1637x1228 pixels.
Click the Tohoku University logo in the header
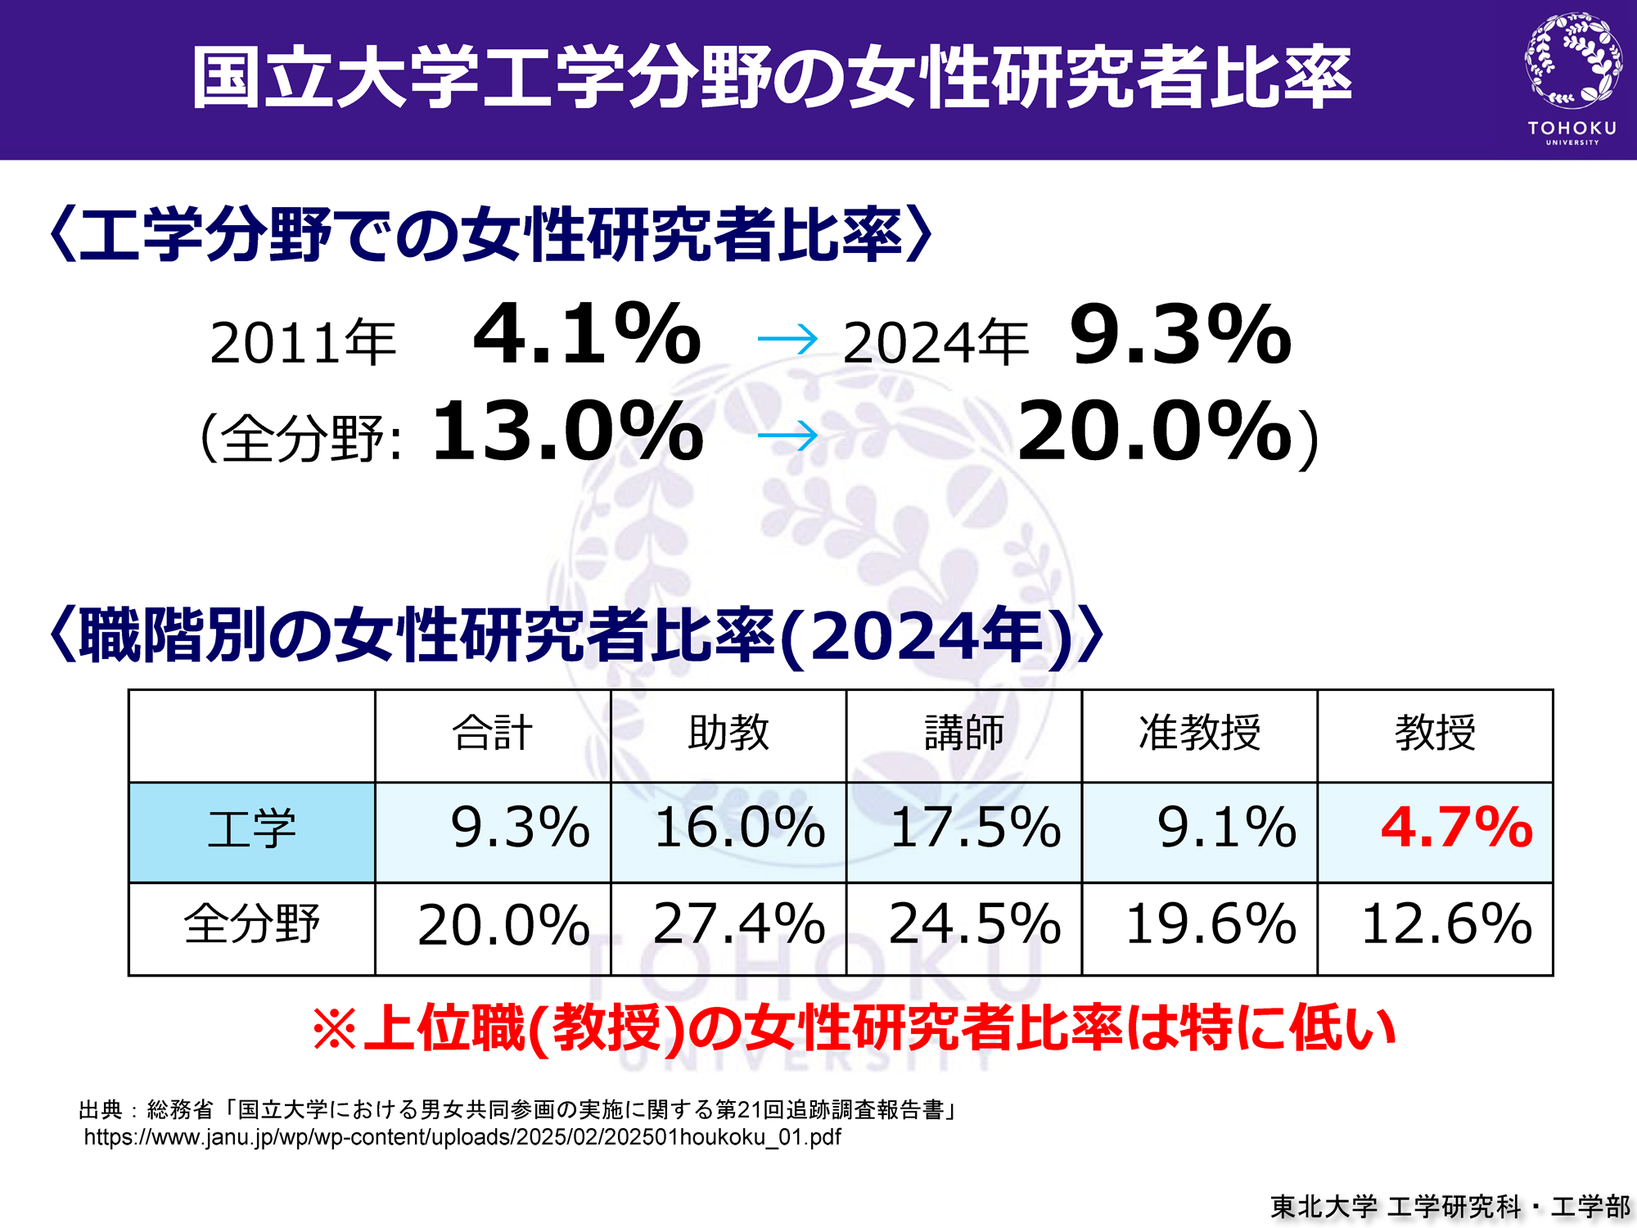click(x=1572, y=78)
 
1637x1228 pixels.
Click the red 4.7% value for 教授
click(x=1456, y=827)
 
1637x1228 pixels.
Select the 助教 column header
click(x=728, y=734)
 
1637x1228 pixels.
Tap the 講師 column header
click(x=964, y=734)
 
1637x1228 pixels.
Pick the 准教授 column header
click(x=1199, y=734)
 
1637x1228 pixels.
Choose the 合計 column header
click(x=493, y=734)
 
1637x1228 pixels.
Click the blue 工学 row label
click(x=251, y=830)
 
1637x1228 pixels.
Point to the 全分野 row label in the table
click(x=251, y=925)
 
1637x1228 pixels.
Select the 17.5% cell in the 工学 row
click(x=975, y=828)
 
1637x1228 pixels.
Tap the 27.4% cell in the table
click(x=739, y=925)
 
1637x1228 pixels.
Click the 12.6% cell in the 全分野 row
click(x=1446, y=925)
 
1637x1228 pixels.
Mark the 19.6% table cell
click(x=1211, y=925)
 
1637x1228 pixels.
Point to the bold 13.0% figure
click(x=567, y=431)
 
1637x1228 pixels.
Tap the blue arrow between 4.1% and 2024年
click(x=787, y=339)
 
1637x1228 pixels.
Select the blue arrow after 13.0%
click(x=787, y=436)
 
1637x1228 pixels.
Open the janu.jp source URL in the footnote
click(x=462, y=1137)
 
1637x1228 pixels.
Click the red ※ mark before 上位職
click(x=335, y=1029)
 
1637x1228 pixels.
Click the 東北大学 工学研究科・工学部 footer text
click(x=1450, y=1206)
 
